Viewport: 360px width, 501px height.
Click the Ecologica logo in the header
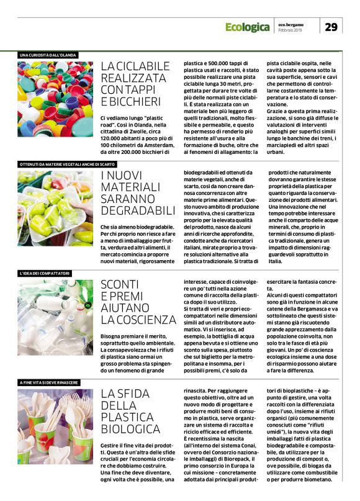(247, 28)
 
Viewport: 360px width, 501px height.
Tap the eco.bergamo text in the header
(289, 24)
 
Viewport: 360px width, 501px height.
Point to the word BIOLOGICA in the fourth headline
(131, 428)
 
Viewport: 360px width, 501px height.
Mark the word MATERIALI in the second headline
(130, 187)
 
